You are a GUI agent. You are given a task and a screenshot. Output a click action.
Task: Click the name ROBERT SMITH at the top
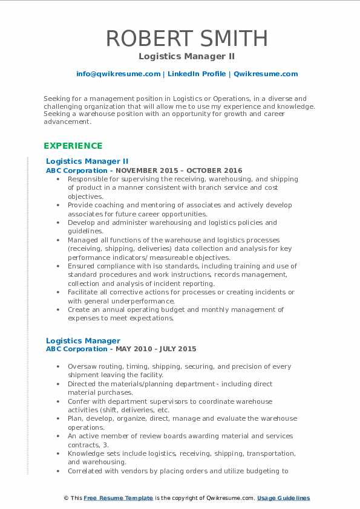click(187, 38)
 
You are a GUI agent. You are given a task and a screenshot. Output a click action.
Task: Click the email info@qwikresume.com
click(118, 74)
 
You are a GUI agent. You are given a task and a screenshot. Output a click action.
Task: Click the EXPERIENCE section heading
click(73, 146)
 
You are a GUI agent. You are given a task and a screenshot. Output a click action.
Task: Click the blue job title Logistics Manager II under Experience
click(87, 161)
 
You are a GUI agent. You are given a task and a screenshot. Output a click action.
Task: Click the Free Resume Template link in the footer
click(110, 498)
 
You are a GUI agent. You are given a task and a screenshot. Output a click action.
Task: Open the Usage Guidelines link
click(283, 498)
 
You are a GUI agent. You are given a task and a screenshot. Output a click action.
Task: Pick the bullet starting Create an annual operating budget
click(175, 310)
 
